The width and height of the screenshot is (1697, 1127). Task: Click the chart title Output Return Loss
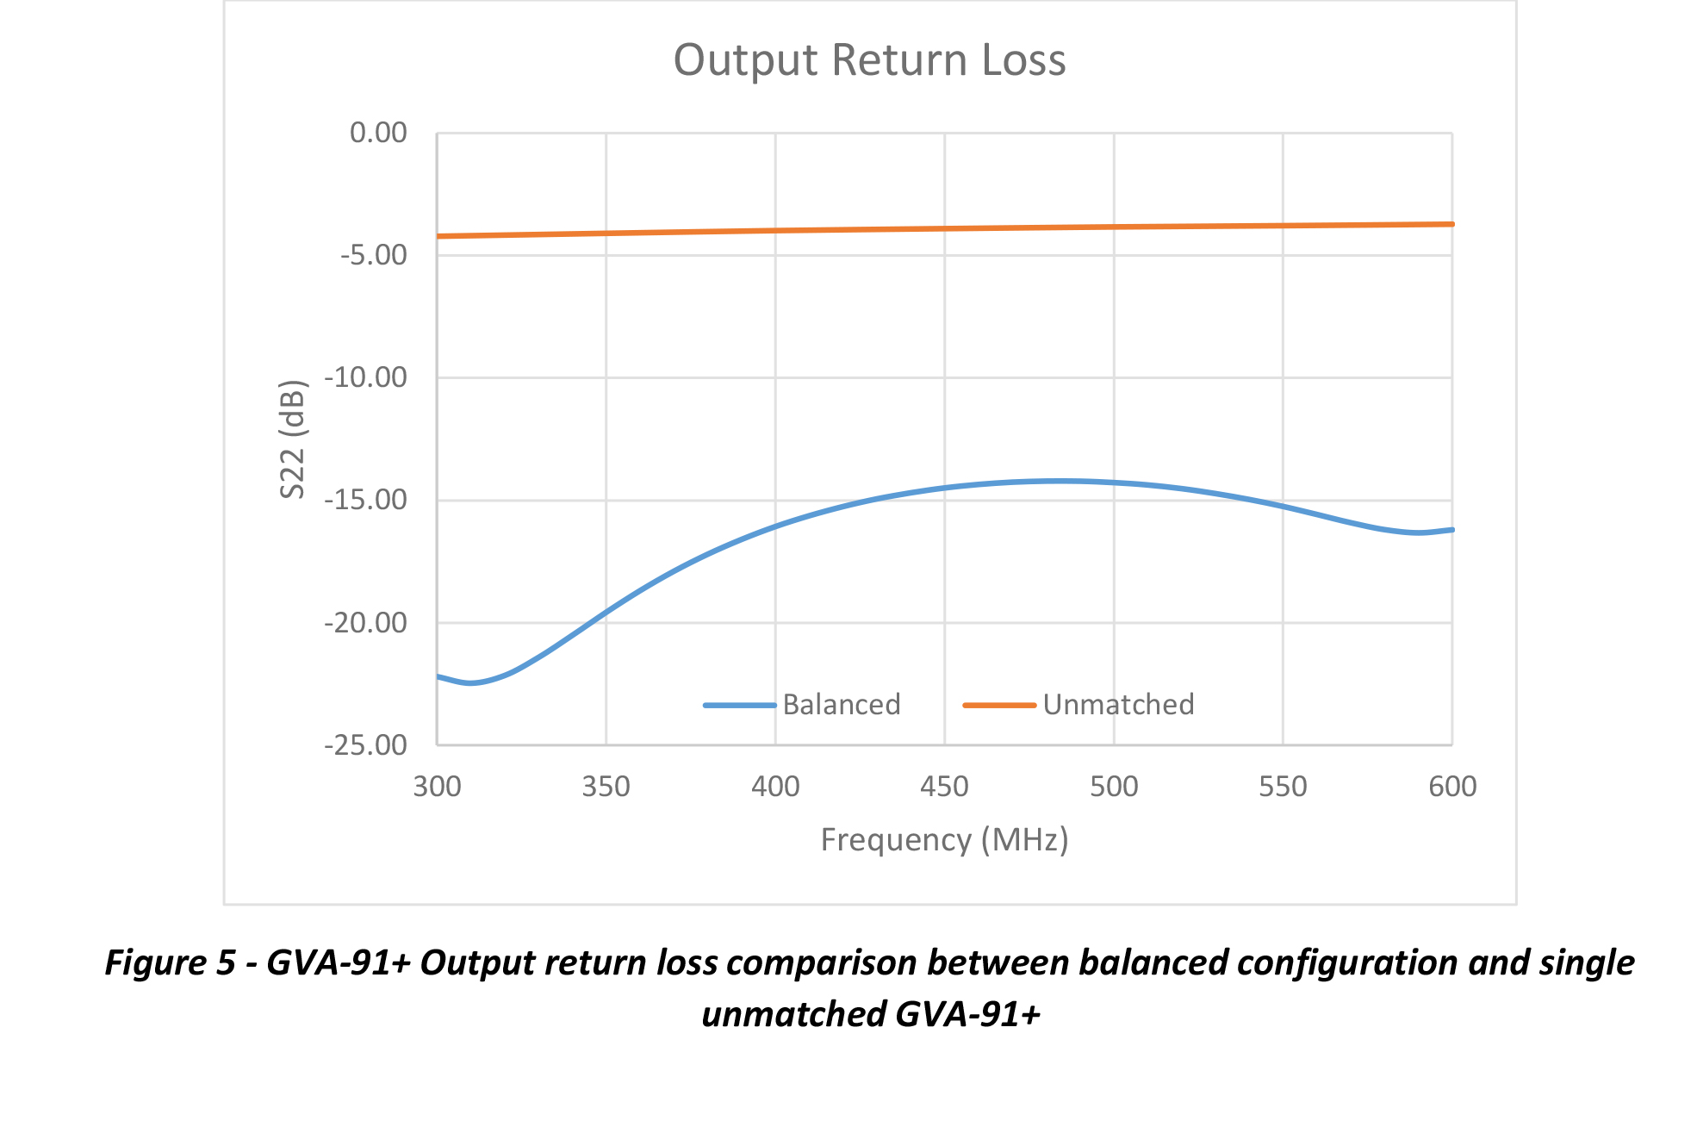point(869,60)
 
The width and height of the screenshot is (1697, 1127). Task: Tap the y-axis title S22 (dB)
point(293,439)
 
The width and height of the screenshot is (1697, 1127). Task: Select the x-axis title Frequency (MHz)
point(944,839)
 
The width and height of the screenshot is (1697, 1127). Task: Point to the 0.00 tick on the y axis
point(378,133)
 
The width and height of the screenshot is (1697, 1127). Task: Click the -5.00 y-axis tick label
point(374,255)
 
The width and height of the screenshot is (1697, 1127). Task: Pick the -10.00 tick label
point(366,377)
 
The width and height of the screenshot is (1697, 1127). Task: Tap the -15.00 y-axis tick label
point(366,500)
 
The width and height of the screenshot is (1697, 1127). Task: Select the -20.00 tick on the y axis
point(366,622)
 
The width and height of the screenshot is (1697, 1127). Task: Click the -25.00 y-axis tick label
point(366,744)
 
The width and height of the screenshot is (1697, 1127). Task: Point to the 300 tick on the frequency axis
point(437,787)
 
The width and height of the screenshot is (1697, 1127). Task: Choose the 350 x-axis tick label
point(606,787)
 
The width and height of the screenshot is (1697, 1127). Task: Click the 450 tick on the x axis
point(944,787)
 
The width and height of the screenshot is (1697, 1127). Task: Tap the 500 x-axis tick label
point(1114,787)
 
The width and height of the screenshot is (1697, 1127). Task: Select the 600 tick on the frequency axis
point(1452,787)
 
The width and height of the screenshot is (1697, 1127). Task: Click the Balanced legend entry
point(841,705)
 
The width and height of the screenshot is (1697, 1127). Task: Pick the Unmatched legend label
point(1118,705)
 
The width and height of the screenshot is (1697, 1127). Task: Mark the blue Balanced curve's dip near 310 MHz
point(470,683)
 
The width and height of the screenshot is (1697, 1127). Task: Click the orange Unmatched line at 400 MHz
point(775,230)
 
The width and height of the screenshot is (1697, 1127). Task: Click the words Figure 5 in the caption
point(170,962)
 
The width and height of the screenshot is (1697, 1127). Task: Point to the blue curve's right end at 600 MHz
point(1451,530)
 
